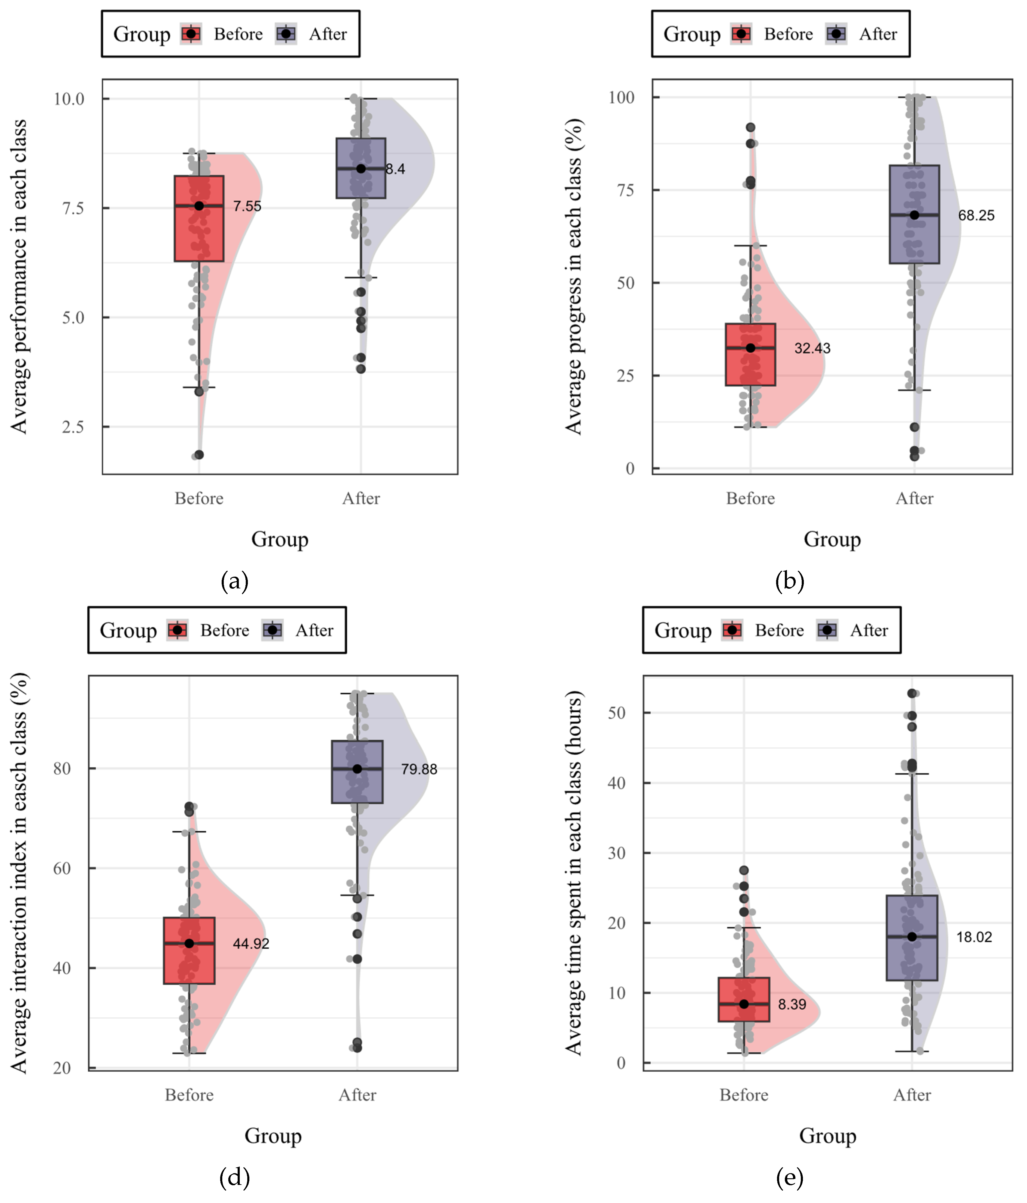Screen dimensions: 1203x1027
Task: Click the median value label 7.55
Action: pos(247,206)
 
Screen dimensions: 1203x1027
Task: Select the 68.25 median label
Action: pos(976,215)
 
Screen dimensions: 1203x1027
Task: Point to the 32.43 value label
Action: pos(812,348)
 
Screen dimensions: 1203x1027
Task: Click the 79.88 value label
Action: pos(419,769)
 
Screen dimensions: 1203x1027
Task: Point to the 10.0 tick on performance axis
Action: pos(69,99)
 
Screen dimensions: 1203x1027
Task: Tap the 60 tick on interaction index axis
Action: pos(61,869)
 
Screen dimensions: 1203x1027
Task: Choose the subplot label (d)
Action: pos(235,1177)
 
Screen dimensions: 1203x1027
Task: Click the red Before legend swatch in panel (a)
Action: pos(191,34)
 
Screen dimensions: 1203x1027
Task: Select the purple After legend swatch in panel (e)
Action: pos(827,631)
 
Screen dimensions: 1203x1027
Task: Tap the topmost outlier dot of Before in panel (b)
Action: pos(750,127)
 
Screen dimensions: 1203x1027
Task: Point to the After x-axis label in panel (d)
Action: pos(357,1095)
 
